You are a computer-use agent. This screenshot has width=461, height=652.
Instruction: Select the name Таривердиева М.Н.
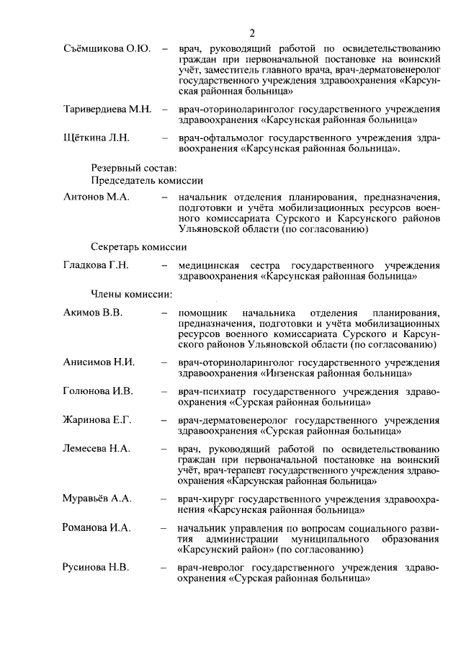[107, 110]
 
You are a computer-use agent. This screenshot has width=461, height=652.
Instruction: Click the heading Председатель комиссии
[146, 180]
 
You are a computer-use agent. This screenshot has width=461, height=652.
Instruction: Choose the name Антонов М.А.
[96, 197]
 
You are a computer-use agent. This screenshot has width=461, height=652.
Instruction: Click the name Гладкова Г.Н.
[96, 265]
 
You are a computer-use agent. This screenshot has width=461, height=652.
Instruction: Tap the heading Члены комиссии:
[130, 294]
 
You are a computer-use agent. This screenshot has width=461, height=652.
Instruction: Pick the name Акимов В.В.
[93, 313]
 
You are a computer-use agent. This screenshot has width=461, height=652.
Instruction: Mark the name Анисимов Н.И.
[99, 362]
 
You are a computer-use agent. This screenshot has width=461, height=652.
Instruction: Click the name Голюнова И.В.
[98, 391]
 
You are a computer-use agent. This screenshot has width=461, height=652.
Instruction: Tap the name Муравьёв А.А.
[97, 498]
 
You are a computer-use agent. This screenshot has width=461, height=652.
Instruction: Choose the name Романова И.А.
[97, 528]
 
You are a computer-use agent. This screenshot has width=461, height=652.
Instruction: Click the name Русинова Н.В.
[96, 567]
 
